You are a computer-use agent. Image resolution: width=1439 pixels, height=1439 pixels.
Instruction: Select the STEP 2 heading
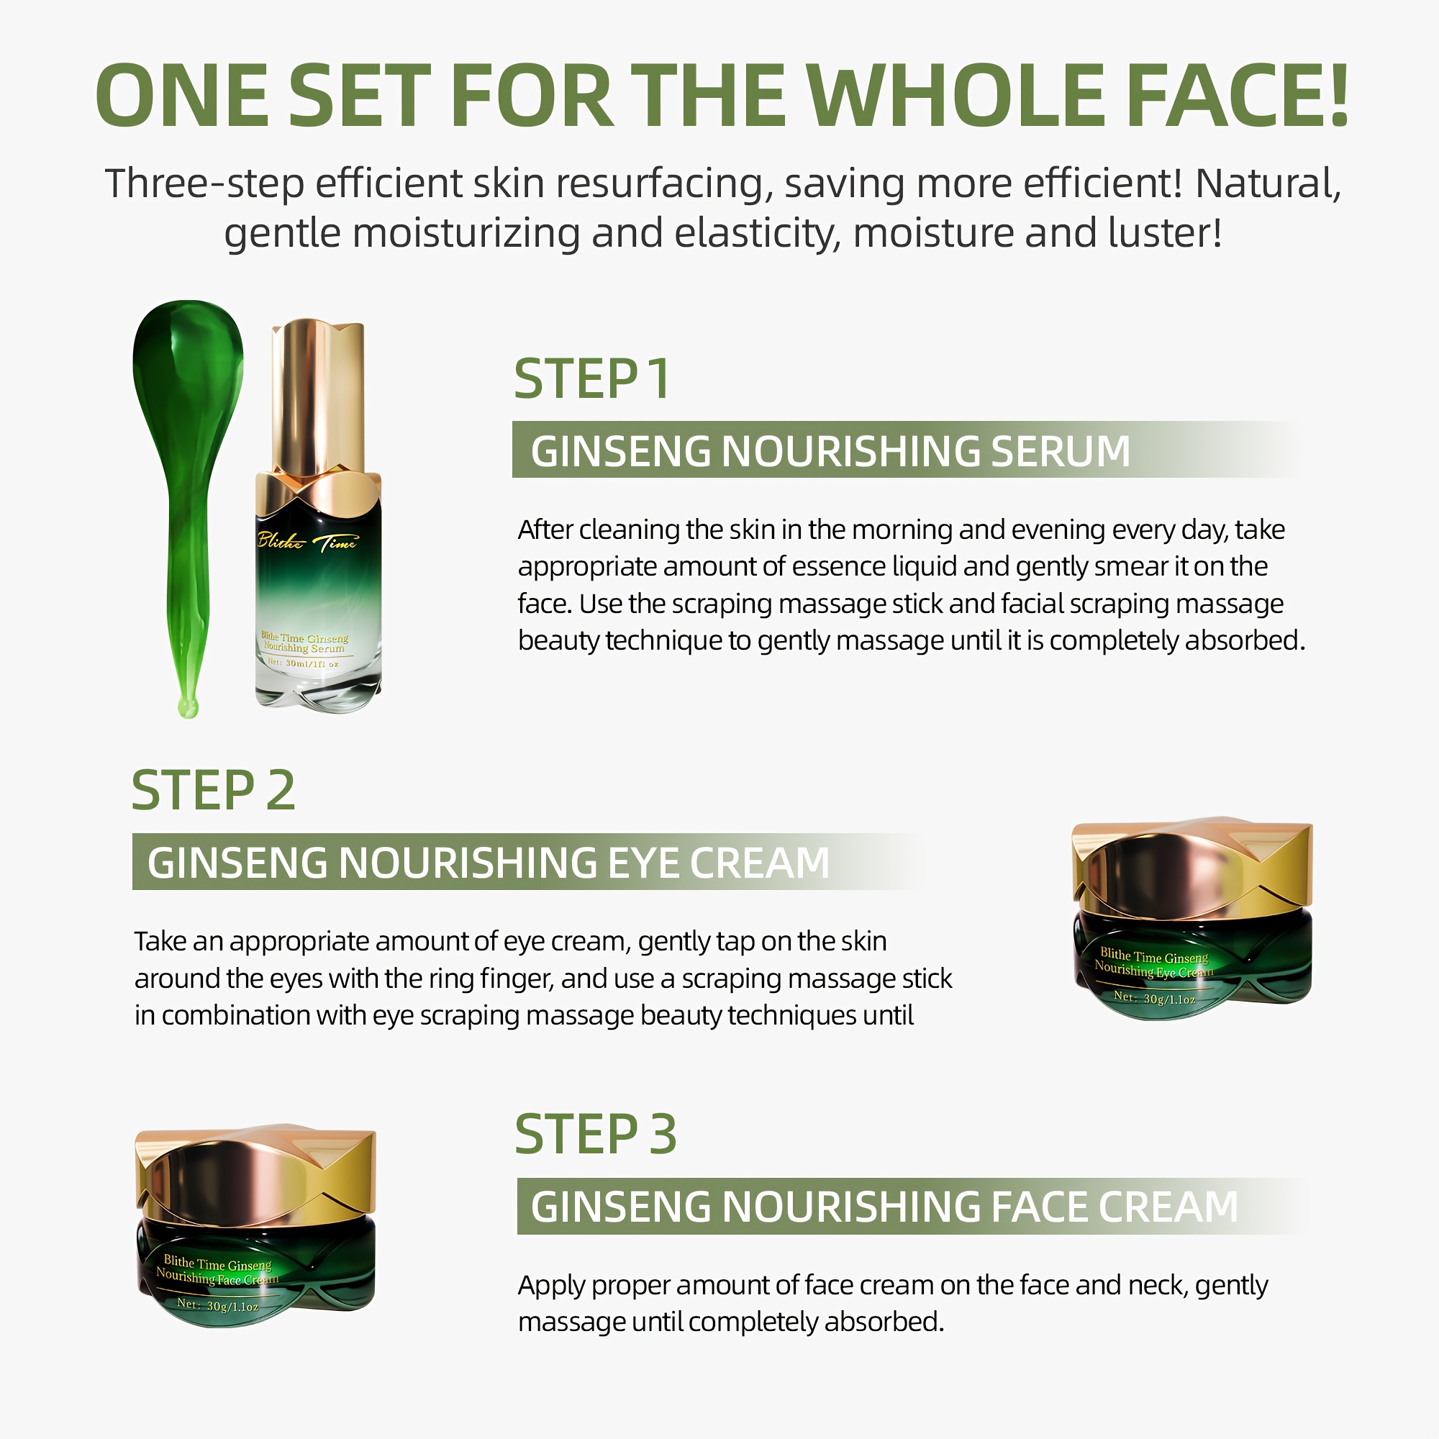click(x=214, y=790)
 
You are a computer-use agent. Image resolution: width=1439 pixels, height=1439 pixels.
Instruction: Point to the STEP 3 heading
click(x=596, y=1135)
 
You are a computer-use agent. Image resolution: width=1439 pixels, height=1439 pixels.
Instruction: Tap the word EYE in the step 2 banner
click(x=642, y=863)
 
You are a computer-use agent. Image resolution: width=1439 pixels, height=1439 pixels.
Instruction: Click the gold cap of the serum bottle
click(x=318, y=399)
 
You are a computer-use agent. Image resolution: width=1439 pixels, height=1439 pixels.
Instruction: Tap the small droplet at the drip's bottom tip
click(x=188, y=707)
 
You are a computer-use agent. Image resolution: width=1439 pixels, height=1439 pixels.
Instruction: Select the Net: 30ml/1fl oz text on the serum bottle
click(x=303, y=663)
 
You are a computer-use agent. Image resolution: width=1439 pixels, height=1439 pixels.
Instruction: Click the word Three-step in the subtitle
click(x=205, y=184)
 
